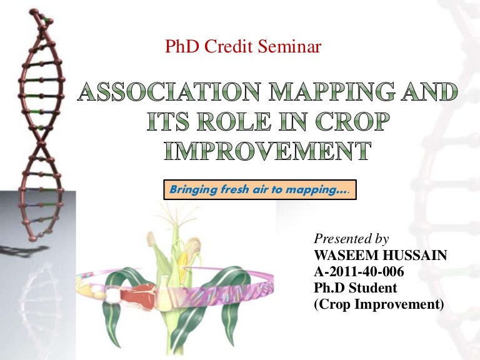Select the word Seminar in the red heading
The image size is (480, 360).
291,47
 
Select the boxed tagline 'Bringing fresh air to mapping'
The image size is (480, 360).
260,189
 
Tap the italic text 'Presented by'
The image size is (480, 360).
351,239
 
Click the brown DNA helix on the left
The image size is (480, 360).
34,125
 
